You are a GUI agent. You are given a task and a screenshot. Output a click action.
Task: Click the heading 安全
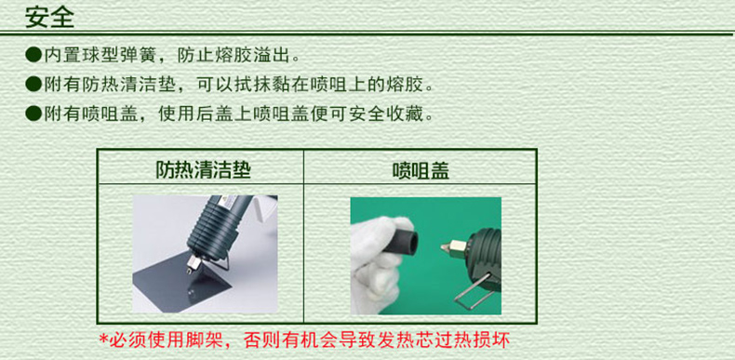49,17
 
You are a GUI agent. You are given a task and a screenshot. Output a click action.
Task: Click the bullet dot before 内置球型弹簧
33,55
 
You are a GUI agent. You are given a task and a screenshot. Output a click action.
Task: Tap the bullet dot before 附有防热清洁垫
33,85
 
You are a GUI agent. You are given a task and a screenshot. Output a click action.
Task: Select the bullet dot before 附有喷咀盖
33,113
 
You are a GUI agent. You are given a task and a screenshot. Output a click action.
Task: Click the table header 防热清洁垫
203,169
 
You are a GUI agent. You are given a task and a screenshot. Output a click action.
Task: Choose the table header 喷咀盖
421,171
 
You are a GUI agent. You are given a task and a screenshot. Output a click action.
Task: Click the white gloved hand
375,262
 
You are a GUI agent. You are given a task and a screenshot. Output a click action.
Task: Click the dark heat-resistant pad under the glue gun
182,281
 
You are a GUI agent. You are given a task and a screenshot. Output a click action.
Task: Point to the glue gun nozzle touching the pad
192,265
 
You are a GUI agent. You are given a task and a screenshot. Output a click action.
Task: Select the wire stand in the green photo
474,294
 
